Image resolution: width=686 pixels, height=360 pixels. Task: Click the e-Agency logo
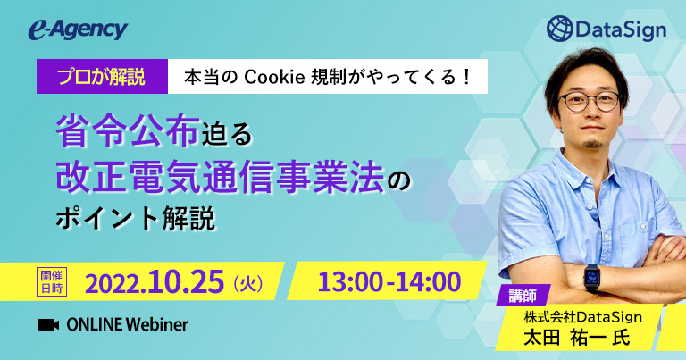coord(78,30)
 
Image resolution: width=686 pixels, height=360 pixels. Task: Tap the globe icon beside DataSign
coord(559,29)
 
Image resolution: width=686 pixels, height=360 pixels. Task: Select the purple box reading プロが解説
coord(103,77)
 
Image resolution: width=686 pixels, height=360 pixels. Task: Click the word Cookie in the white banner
coord(274,77)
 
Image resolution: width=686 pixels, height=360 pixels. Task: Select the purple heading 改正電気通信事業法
coord(220,177)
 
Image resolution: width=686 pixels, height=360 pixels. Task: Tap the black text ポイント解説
coord(136,218)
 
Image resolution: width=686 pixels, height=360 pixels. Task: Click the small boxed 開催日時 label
coord(52,282)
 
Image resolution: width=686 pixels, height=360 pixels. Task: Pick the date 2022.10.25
coord(155,282)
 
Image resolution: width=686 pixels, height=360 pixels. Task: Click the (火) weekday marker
coord(248,284)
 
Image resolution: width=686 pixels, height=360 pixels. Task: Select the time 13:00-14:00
coord(389,281)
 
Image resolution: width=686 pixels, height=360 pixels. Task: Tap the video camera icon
coord(48,325)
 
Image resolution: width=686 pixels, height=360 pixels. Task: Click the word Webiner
coord(157,324)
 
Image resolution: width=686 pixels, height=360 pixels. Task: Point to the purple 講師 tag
coord(523,297)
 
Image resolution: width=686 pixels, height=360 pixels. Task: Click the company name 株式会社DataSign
coord(582,317)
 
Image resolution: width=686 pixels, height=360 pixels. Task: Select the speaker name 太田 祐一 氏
coord(577,339)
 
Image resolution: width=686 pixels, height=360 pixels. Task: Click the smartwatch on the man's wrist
coord(591,278)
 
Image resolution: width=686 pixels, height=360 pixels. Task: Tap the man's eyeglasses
coord(590,102)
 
